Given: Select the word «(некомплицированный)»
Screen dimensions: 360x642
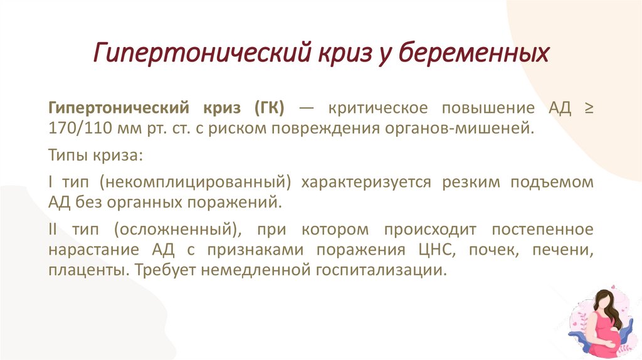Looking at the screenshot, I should (x=196, y=182).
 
